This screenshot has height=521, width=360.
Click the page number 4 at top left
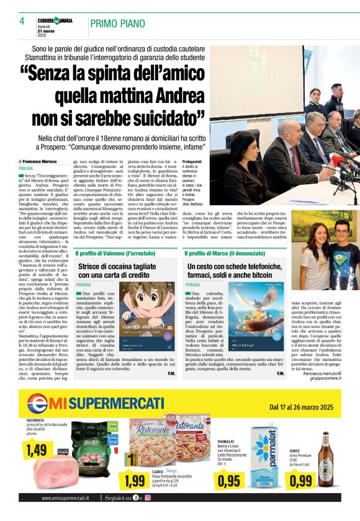pyautogui.click(x=22, y=21)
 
